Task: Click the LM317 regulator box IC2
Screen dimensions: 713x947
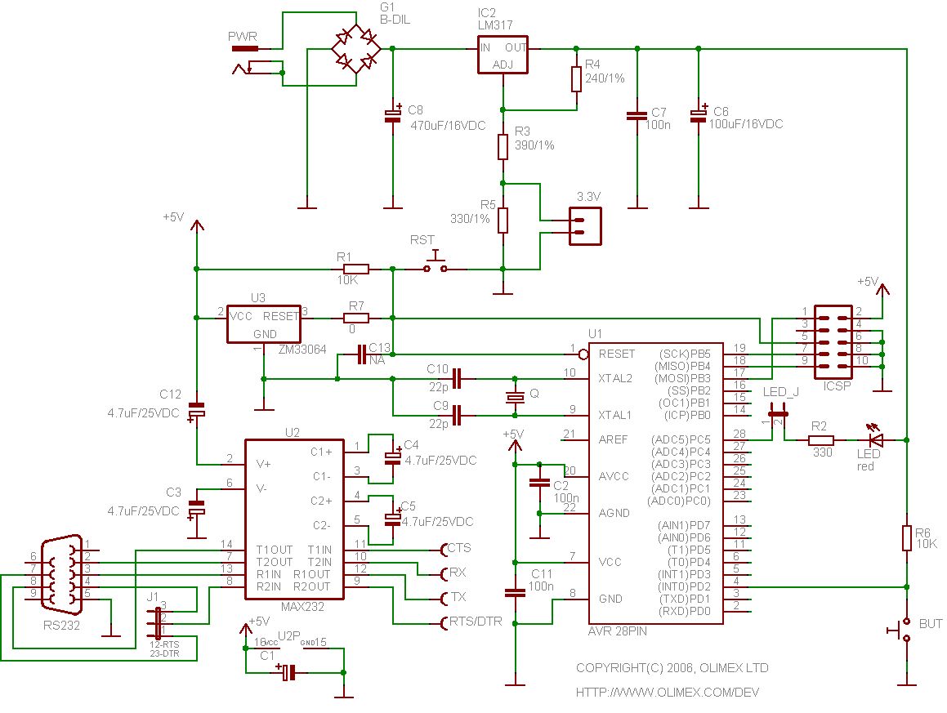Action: point(502,55)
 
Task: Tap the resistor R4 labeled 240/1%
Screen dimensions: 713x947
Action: point(576,79)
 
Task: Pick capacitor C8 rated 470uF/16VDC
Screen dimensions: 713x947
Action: point(393,116)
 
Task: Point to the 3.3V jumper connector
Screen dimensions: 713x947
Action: point(583,225)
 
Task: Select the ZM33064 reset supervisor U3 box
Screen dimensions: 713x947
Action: point(264,323)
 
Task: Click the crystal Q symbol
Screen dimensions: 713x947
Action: point(514,398)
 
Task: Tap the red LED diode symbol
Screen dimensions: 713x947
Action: point(875,440)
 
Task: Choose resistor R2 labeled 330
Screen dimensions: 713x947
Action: point(820,440)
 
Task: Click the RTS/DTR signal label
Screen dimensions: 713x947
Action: point(476,622)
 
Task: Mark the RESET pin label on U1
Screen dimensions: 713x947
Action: point(616,354)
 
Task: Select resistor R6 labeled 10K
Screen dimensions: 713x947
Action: point(906,538)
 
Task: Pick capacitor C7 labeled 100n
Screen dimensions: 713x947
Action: point(637,116)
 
